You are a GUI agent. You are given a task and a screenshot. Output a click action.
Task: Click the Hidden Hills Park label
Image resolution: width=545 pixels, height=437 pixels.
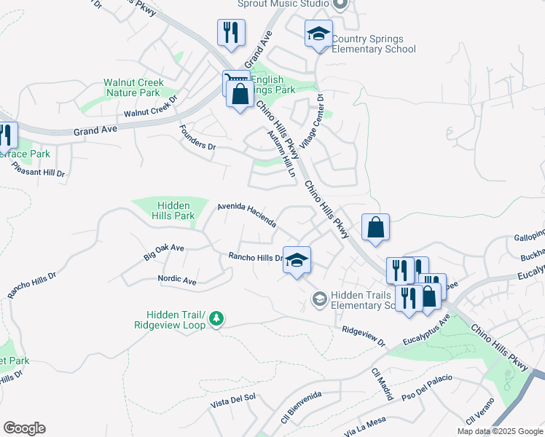tap(154, 210)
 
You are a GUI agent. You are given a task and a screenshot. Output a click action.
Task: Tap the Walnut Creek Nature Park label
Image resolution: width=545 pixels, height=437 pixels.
tap(132, 88)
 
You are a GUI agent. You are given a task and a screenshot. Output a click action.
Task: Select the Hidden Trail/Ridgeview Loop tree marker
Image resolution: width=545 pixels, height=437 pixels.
tap(216, 318)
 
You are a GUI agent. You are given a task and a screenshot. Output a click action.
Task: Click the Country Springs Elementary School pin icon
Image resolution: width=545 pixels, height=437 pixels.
tap(318, 34)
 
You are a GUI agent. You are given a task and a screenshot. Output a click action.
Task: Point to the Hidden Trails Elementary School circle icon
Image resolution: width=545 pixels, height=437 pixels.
tap(318, 299)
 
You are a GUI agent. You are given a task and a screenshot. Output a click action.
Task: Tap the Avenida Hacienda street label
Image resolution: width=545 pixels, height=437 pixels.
tap(247, 215)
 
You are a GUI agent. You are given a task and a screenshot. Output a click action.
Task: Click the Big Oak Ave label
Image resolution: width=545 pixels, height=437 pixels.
tap(164, 252)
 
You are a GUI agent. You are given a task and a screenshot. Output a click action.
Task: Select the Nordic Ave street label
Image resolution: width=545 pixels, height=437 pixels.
tap(177, 280)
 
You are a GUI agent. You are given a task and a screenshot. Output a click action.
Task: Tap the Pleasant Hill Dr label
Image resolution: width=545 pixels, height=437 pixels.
tap(39, 169)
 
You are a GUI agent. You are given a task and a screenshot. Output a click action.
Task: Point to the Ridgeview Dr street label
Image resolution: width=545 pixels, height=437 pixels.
tap(364, 336)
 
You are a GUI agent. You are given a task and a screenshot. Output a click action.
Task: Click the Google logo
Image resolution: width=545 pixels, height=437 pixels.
tap(24, 428)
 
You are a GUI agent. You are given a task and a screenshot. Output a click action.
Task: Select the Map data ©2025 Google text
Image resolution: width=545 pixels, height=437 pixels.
tap(501, 431)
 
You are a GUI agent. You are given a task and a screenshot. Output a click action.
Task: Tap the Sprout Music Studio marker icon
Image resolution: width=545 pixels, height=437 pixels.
tap(338, 4)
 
